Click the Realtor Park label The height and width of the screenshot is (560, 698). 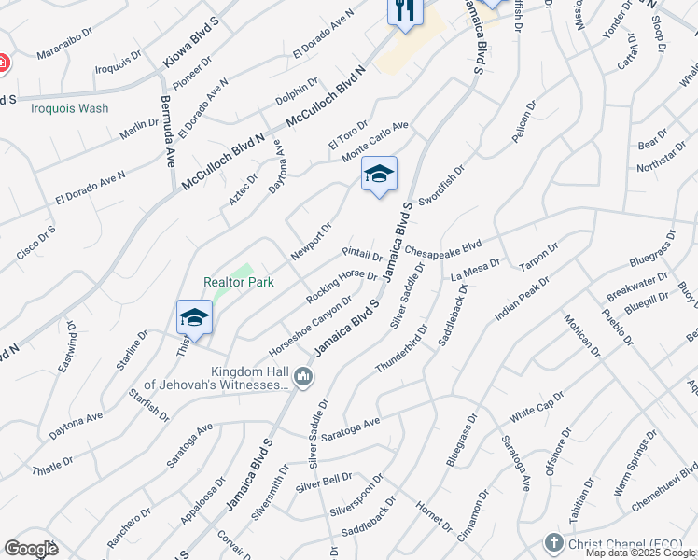point(239,282)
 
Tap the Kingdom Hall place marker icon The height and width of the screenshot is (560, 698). point(302,377)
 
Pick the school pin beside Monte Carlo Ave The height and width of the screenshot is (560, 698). point(379,175)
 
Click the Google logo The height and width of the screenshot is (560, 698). point(31,549)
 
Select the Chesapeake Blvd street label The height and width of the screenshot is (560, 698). point(443,249)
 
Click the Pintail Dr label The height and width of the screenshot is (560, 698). point(363,255)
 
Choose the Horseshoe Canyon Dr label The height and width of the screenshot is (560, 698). point(311,326)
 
